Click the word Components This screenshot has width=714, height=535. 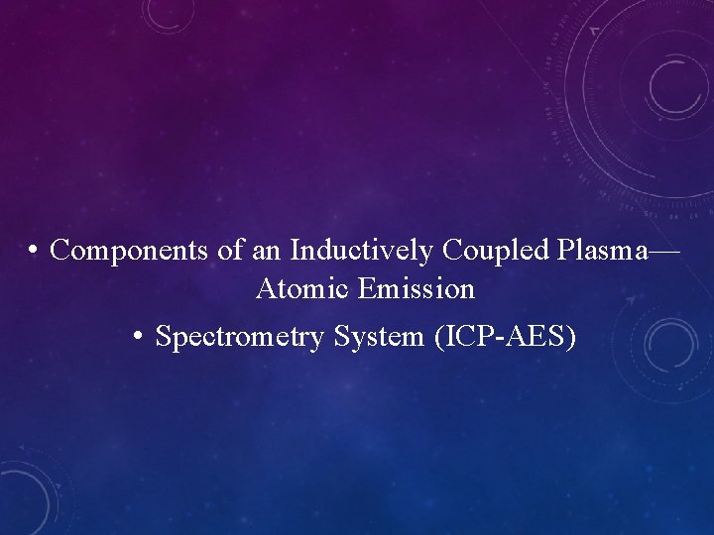click(x=130, y=251)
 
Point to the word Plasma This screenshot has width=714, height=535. click(x=599, y=251)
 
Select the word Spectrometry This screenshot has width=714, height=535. click(x=241, y=337)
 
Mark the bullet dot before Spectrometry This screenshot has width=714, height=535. click(x=140, y=337)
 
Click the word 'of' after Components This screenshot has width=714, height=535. click(x=230, y=251)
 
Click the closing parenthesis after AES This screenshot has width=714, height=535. click(x=570, y=338)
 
